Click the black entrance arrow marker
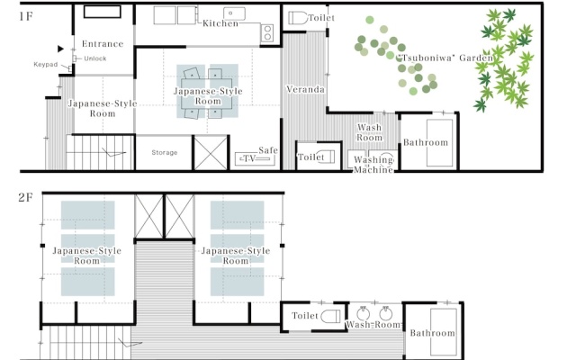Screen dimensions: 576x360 point(60,49)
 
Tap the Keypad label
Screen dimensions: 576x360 point(46,65)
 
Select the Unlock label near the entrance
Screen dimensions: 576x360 point(95,58)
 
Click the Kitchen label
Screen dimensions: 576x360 point(220,23)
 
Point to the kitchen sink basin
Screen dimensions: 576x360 point(234,13)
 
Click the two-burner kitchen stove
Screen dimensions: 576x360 point(267,32)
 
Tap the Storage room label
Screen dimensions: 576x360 point(165,152)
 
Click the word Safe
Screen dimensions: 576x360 point(268,150)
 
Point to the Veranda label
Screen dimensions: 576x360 point(305,89)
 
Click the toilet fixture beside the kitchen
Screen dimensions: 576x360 point(298,18)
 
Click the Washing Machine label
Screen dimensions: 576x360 point(373,165)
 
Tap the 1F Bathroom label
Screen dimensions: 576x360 point(426,142)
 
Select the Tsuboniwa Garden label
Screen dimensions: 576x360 point(445,58)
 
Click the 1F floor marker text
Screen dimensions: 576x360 point(26,16)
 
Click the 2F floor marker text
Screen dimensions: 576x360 point(26,198)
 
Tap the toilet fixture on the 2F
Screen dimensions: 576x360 point(330,316)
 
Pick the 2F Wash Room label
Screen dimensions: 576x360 point(373,325)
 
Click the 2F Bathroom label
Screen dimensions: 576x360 point(432,333)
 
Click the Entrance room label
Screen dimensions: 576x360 point(103,44)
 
